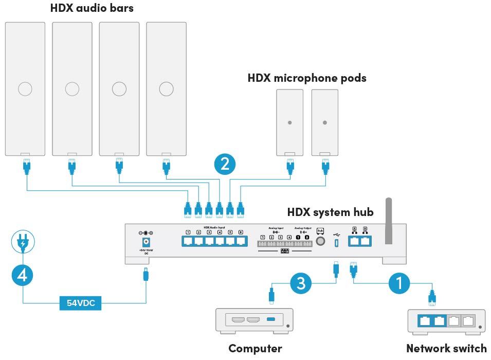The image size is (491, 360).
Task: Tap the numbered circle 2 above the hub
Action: click(225, 164)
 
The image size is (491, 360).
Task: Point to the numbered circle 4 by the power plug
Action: click(23, 275)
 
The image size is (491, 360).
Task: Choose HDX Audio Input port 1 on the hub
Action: click(188, 241)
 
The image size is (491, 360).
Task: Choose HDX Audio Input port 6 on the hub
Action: click(240, 241)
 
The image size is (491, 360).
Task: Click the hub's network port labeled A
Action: click(355, 241)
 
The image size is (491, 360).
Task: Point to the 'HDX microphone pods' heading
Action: click(307, 78)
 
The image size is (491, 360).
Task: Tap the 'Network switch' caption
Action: click(446, 348)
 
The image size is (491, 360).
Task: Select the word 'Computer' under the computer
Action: click(255, 348)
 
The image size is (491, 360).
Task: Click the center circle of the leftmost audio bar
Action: click(25, 89)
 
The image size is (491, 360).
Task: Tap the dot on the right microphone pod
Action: click(324, 122)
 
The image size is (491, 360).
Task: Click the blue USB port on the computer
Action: click(271, 320)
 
